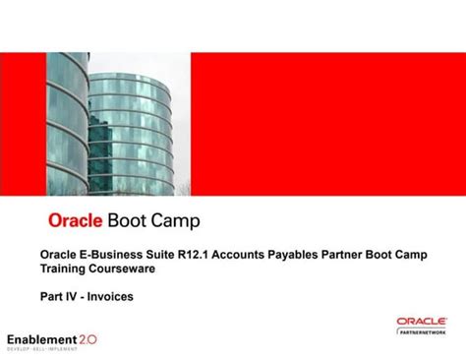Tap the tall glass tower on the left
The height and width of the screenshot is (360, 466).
(x=67, y=118)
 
